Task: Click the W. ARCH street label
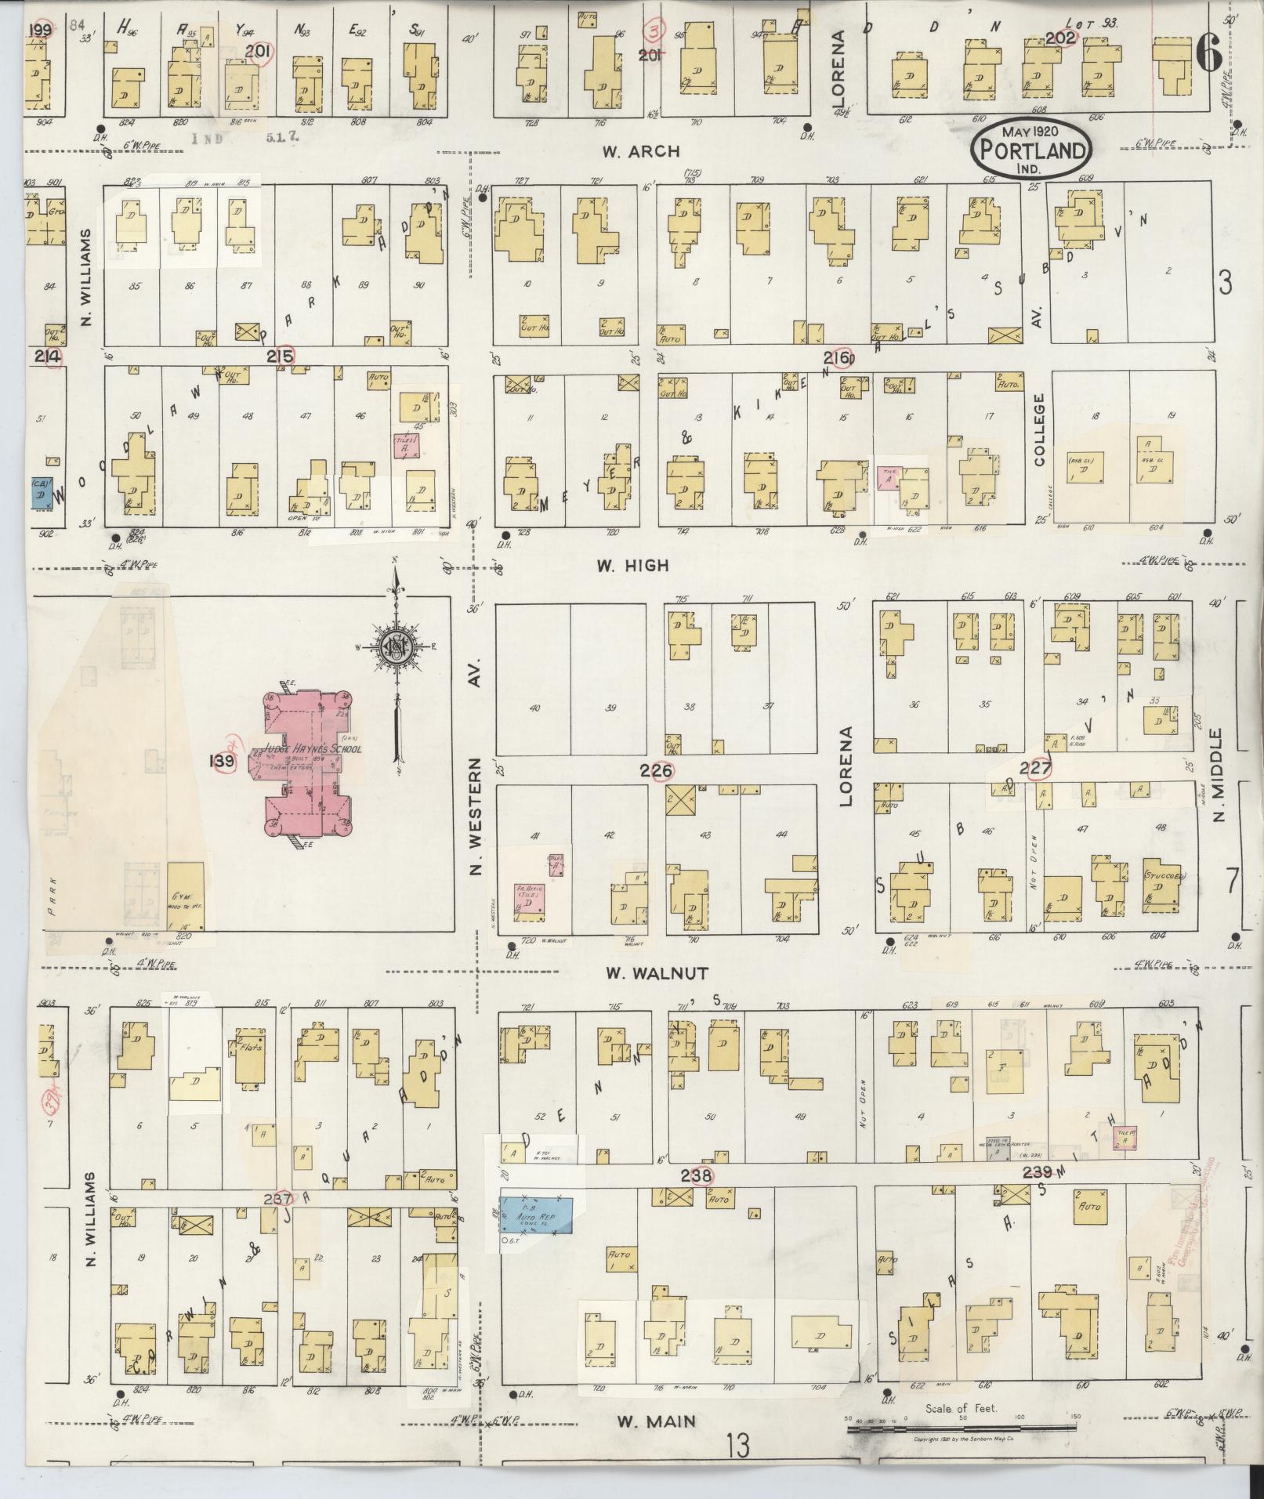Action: point(641,151)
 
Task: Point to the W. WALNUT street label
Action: point(657,973)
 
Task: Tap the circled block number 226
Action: point(656,772)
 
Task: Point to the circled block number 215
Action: point(280,357)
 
